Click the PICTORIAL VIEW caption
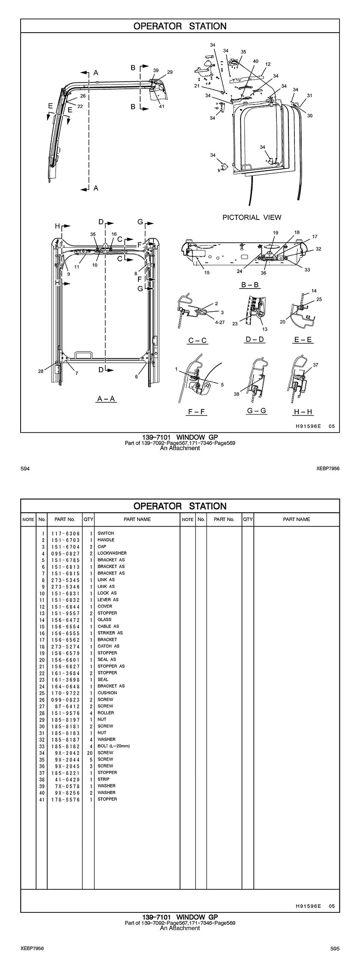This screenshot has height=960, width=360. [252, 217]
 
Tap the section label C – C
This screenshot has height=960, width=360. [198, 340]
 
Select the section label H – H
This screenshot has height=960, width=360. [303, 412]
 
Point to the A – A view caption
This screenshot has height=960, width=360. [106, 399]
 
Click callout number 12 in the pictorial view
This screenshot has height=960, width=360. [268, 64]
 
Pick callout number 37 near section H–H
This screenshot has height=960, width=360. [315, 365]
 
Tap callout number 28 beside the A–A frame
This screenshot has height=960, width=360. [41, 371]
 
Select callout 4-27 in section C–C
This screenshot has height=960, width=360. [219, 322]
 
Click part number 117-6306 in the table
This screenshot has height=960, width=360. [65, 533]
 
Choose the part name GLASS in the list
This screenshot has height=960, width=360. [104, 620]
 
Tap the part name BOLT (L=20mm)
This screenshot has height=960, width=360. [114, 746]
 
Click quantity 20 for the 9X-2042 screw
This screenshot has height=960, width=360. [90, 752]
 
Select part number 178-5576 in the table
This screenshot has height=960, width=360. [65, 799]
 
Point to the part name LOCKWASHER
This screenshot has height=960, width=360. [112, 553]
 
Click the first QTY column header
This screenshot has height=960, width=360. [88, 519]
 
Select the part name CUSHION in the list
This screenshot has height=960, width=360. [107, 693]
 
